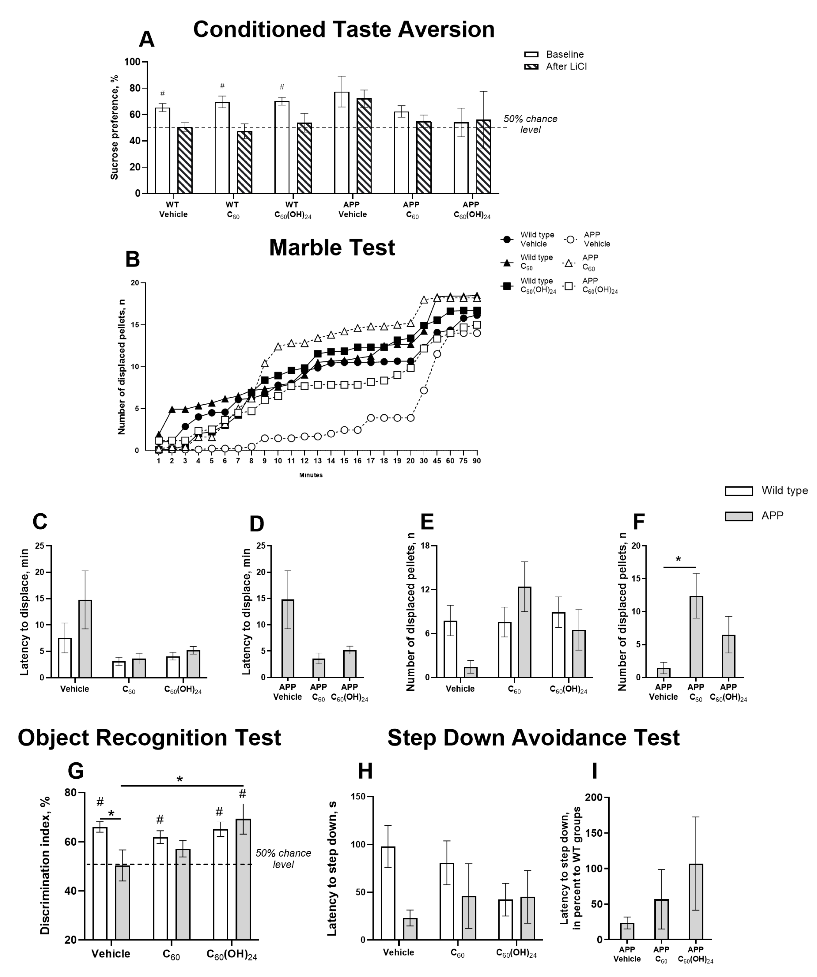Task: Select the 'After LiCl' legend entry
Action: (566, 66)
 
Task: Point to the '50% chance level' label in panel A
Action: (530, 124)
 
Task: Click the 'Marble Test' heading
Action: (332, 247)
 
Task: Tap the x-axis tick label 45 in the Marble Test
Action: (437, 461)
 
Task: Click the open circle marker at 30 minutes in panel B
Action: (424, 390)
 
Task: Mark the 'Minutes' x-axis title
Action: (311, 475)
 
